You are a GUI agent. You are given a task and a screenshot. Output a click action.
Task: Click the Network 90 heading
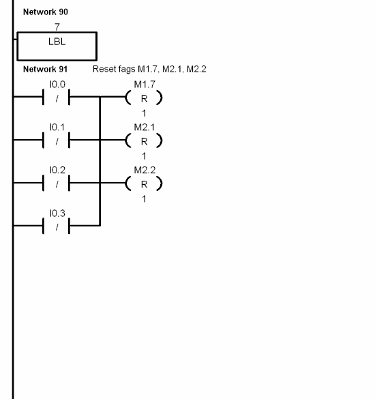(45, 12)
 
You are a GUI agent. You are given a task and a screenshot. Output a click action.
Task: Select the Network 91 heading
(45, 70)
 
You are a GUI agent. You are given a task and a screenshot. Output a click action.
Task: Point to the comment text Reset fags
(149, 70)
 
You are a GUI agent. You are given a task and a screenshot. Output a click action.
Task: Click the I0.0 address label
(57, 84)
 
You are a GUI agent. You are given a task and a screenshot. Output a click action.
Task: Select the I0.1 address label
(57, 127)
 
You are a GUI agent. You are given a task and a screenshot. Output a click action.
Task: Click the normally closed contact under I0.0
(57, 98)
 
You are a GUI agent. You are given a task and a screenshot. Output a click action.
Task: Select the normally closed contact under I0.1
(57, 141)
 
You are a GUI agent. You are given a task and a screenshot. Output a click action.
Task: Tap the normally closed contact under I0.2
(57, 183)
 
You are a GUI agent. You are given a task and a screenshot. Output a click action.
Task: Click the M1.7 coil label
(144, 84)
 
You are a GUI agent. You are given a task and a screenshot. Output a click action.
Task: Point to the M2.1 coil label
(144, 127)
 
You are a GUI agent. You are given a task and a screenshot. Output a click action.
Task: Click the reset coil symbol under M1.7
(144, 98)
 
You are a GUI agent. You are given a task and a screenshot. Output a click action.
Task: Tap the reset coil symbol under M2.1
(144, 141)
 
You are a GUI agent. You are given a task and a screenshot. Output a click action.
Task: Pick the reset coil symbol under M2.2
(144, 183)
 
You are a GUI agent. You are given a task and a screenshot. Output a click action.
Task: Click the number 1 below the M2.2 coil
(144, 198)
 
